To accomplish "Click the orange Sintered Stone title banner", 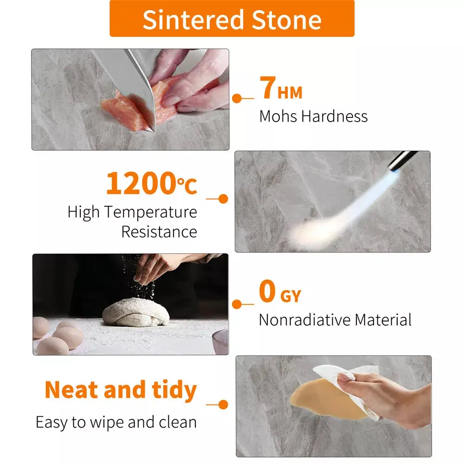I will tap(232, 19).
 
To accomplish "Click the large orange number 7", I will tap(268, 89).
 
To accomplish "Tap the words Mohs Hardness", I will tap(313, 116).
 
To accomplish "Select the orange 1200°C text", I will tap(151, 183).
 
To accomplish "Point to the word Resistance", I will tap(159, 232).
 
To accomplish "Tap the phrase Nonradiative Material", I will tap(335, 320).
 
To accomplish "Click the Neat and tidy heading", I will tap(121, 390).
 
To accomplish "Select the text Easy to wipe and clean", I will tap(116, 422).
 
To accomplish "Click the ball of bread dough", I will tap(136, 312).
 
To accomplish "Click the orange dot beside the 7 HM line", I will tap(237, 98).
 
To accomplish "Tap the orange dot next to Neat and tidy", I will tap(223, 405).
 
